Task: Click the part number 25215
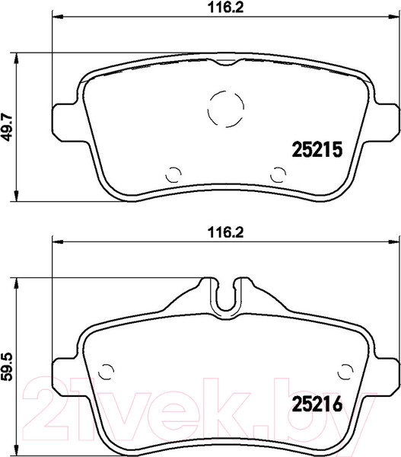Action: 317,149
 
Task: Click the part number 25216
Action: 317,404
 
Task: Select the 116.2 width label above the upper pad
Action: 225,7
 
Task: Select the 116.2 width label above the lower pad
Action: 225,232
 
